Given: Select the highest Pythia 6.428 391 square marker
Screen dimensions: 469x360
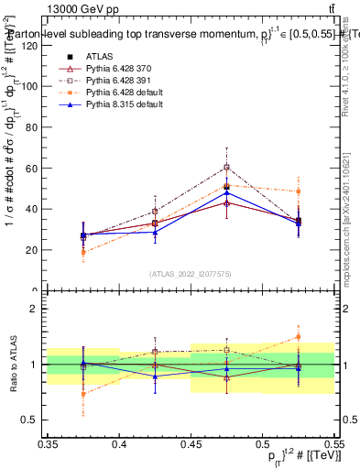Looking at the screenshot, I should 226,168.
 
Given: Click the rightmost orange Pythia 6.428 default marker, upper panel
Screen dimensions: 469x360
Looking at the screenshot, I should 298,191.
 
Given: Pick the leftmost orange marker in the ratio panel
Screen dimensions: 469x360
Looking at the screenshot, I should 83,394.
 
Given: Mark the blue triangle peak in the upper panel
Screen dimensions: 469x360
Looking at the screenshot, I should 226,193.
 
